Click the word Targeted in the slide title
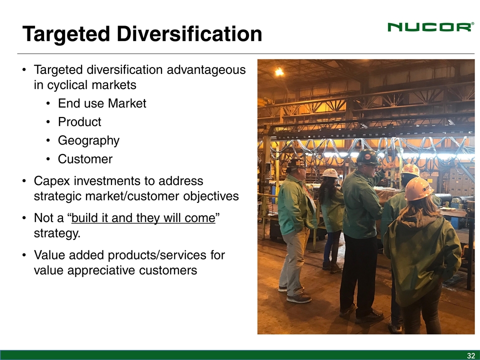click(66, 34)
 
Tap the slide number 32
click(470, 355)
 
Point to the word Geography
click(88, 141)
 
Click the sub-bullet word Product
click(79, 122)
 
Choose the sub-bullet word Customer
click(85, 159)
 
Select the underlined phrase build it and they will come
click(143, 218)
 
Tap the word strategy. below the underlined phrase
click(57, 233)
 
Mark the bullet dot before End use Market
click(48, 104)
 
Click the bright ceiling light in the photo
click(279, 72)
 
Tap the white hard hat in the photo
click(330, 173)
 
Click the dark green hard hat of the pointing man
click(367, 156)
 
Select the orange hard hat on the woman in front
click(418, 188)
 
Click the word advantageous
click(206, 70)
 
